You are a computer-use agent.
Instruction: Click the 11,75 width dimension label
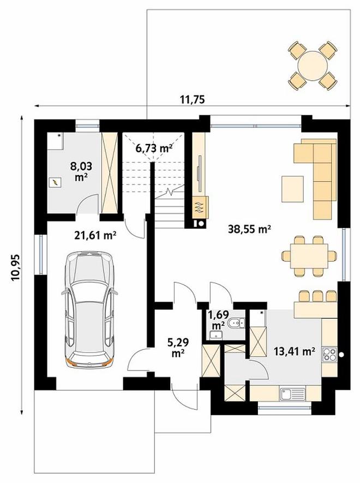[192, 100]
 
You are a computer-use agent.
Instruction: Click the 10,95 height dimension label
[15, 267]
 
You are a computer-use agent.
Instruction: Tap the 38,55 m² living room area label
[249, 229]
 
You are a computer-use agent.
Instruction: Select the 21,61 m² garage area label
[95, 236]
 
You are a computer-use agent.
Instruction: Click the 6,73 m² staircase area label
[154, 148]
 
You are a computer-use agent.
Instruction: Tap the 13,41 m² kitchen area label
[295, 351]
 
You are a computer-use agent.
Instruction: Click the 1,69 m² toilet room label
[218, 319]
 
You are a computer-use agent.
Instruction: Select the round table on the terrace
[312, 66]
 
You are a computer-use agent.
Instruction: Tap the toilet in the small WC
[237, 323]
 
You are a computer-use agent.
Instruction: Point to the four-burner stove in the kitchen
[329, 354]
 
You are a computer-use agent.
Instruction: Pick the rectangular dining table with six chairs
[309, 255]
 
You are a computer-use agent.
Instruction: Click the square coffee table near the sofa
[292, 189]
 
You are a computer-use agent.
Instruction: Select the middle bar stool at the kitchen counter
[317, 296]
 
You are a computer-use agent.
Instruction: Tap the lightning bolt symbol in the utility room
[55, 183]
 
